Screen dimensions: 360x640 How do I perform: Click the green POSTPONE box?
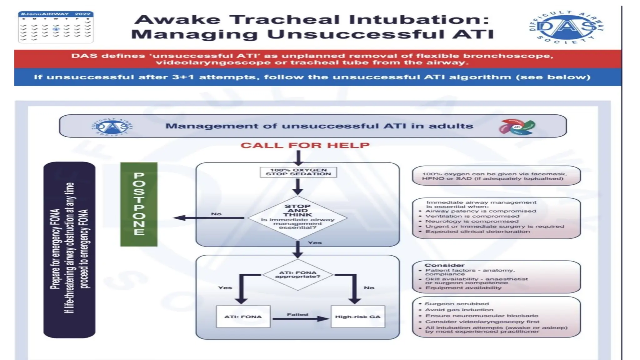[139, 204]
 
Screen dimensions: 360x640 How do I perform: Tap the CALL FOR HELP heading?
[305, 145]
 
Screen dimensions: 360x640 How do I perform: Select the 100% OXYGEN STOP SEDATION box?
[298, 172]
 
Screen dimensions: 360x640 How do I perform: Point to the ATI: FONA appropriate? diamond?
[297, 275]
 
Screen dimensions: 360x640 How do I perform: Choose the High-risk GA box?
[357, 317]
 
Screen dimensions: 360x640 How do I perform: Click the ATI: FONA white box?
[243, 317]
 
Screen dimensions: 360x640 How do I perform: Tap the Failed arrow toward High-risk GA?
[300, 318]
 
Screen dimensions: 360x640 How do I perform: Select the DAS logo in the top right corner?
[566, 27]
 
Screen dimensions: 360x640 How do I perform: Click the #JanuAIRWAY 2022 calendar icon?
[56, 27]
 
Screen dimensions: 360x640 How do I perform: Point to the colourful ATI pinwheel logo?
[517, 127]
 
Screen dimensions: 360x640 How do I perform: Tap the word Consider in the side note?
[444, 265]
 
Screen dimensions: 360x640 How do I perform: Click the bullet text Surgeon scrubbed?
[457, 304]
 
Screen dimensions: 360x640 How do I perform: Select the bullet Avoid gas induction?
[459, 310]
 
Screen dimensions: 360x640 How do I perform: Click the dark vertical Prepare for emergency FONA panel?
[69, 249]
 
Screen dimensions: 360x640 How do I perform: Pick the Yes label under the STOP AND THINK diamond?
[314, 243]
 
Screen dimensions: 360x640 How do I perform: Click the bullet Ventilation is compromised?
[472, 216]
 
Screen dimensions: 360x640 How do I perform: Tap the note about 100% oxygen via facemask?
[496, 176]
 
